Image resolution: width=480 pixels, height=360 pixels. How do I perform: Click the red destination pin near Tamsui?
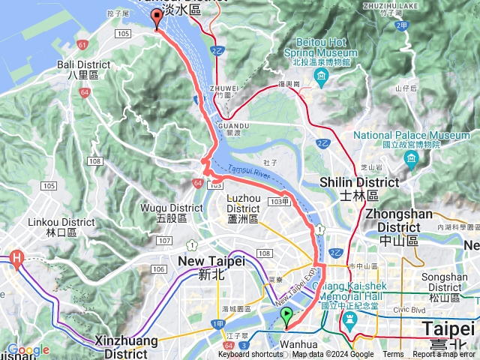point(157,19)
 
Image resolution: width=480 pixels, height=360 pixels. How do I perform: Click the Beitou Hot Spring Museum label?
point(321,53)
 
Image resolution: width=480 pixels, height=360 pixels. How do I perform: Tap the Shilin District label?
point(359,187)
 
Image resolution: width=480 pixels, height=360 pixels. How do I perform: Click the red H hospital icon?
point(16,260)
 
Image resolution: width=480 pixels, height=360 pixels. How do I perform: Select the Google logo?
point(28,349)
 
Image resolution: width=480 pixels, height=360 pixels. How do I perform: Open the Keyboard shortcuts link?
point(250,355)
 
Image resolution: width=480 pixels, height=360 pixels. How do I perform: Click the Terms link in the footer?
point(393,355)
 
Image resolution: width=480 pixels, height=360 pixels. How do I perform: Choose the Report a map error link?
point(445,355)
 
